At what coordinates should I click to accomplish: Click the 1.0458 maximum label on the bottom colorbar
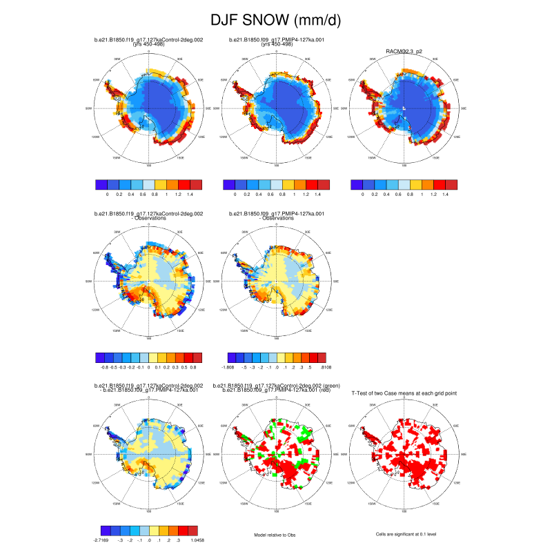[196, 540]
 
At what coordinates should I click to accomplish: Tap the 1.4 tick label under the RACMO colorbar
[445, 195]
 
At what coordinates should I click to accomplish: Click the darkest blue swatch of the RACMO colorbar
[357, 184]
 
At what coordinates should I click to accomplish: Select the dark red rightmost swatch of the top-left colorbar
[196, 184]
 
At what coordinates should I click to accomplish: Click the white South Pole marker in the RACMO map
[404, 109]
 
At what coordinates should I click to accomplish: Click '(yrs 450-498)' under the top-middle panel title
[276, 44]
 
